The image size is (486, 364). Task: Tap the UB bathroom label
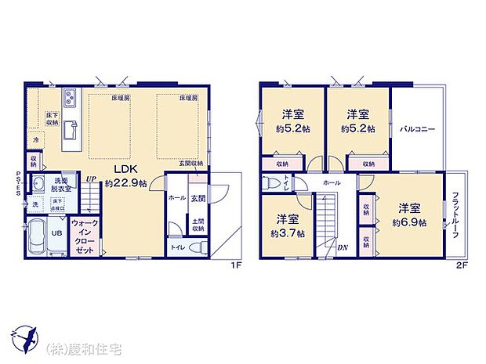(56, 232)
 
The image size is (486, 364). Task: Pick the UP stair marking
(91, 178)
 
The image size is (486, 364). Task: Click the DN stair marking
(342, 248)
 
